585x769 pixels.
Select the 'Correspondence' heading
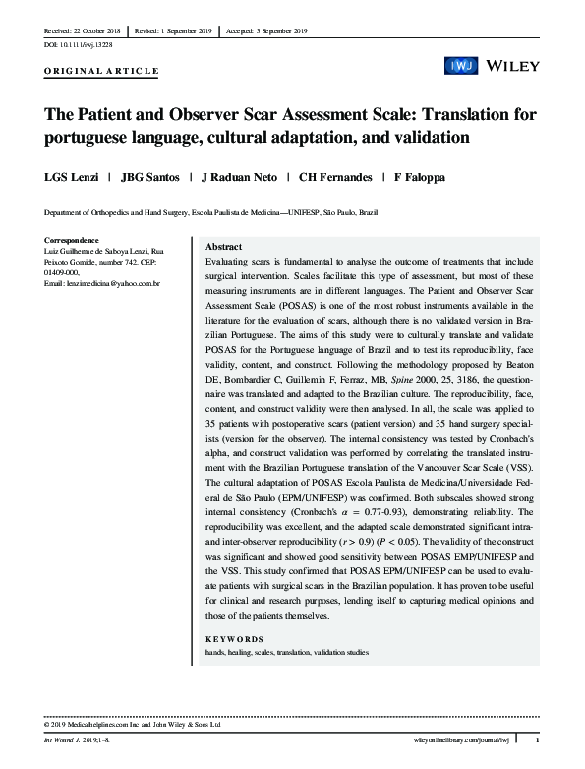(x=73, y=240)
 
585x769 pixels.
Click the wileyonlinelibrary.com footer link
(x=465, y=739)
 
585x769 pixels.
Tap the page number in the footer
(x=536, y=739)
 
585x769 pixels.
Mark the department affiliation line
(x=210, y=212)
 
